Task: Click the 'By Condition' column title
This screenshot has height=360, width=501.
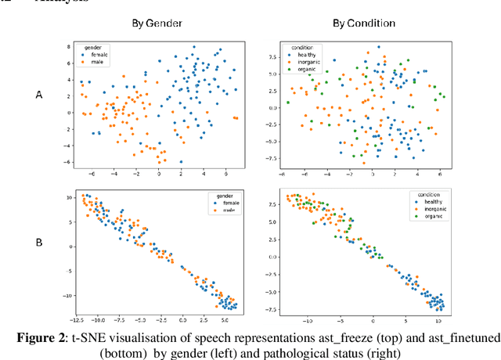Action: click(363, 23)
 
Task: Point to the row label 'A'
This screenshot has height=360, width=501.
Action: click(38, 95)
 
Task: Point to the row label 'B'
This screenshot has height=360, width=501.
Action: click(38, 243)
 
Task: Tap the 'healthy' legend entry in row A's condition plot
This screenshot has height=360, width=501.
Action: click(303, 56)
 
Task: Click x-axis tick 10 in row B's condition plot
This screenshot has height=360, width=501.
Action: click(438, 321)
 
